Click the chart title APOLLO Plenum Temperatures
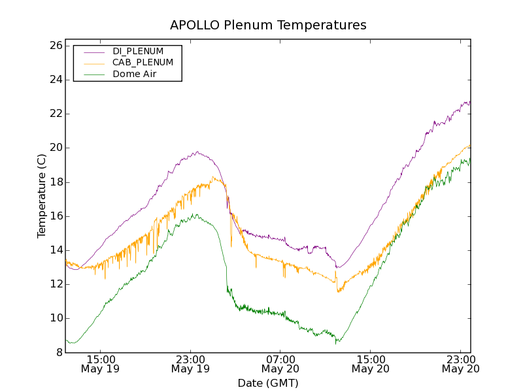(x=268, y=25)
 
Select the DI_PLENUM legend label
(x=138, y=51)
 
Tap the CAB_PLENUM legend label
(x=143, y=63)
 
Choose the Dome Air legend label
(x=135, y=74)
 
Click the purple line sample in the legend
(x=94, y=51)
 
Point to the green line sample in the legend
(x=94, y=74)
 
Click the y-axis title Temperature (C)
(x=42, y=196)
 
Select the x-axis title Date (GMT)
(x=268, y=383)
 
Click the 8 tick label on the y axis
(x=58, y=353)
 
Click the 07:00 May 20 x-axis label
(x=280, y=364)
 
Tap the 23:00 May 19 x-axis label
(x=190, y=364)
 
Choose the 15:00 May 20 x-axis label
(x=371, y=364)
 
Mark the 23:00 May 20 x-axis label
(x=461, y=364)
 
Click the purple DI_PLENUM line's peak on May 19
(x=197, y=152)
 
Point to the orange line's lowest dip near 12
(x=338, y=291)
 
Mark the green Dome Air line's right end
(x=470, y=159)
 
